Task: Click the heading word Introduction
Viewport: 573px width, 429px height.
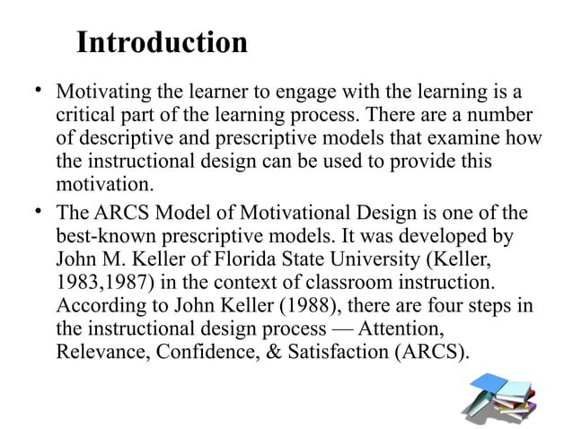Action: pyautogui.click(x=162, y=42)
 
